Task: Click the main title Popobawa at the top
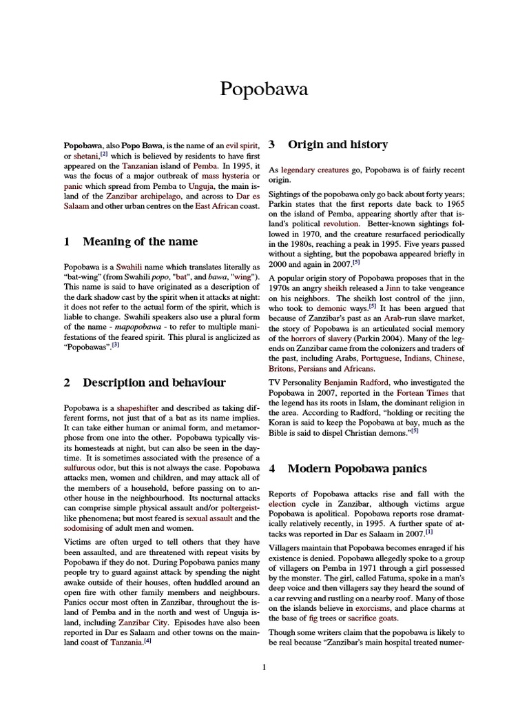tap(264, 89)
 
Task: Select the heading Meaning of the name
tap(141, 241)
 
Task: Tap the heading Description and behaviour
tap(154, 383)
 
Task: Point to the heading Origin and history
tap(338, 145)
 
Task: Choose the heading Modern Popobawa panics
tap(357, 469)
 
